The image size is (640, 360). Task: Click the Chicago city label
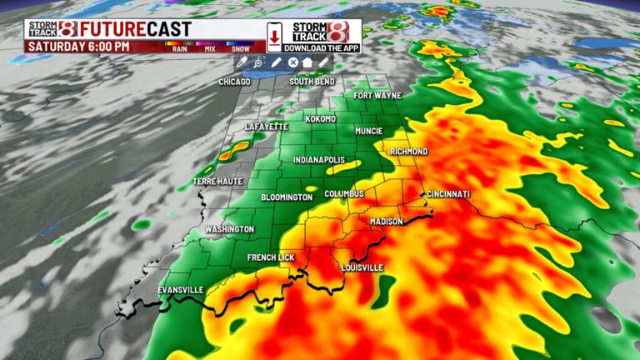[234, 82]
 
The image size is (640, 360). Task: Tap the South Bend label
[312, 82]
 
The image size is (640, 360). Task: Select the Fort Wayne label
[377, 96]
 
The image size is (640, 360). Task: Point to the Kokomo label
[320, 119]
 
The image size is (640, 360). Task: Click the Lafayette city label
[266, 127]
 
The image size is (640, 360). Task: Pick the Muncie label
[368, 132]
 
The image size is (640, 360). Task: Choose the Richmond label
[408, 152]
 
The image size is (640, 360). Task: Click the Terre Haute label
[217, 181]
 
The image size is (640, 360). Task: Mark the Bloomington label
[287, 197]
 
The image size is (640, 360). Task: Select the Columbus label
[344, 194]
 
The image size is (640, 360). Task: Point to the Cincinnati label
[448, 194]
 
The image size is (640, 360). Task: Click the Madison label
[386, 222]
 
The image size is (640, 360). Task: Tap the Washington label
[229, 229]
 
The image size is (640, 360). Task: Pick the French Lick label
[271, 258]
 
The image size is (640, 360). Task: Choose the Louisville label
[362, 267]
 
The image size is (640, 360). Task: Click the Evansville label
[181, 290]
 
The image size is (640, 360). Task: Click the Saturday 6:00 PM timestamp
[79, 47]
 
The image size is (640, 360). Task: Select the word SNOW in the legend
[240, 49]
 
